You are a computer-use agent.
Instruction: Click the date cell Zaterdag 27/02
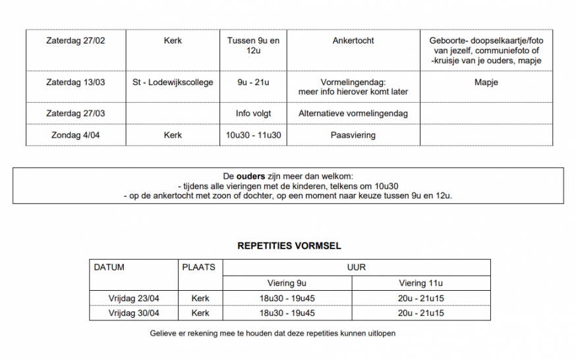(x=75, y=41)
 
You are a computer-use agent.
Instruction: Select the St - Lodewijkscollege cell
(x=173, y=83)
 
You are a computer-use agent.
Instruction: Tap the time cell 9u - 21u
(x=253, y=83)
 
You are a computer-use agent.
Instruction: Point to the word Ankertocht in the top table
(x=353, y=41)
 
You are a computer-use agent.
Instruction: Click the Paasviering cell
(x=353, y=135)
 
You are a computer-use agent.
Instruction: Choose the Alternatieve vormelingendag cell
(x=353, y=113)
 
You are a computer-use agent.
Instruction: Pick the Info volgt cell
(x=253, y=113)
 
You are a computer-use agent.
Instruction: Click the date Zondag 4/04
(x=75, y=135)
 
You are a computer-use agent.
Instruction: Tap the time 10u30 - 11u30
(x=253, y=135)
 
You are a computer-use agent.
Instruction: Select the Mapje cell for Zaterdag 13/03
(x=486, y=83)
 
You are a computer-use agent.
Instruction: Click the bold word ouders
(x=250, y=176)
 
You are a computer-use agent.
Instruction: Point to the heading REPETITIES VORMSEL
(x=289, y=246)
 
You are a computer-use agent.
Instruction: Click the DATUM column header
(x=109, y=268)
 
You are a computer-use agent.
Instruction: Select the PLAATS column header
(x=198, y=268)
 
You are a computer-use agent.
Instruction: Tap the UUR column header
(x=357, y=268)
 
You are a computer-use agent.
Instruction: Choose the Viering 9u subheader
(x=287, y=284)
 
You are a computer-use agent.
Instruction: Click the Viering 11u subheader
(x=420, y=284)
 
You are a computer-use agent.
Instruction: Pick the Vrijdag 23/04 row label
(x=134, y=299)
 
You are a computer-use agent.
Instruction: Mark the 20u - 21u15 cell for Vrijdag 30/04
(x=420, y=313)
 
